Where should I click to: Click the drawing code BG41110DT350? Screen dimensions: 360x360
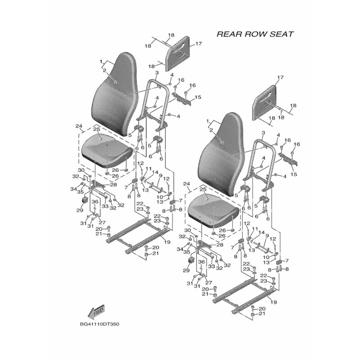[99, 324]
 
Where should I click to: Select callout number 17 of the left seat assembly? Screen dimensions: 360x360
[198, 43]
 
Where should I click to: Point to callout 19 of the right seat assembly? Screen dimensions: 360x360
[274, 302]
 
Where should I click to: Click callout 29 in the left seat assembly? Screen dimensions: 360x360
[80, 210]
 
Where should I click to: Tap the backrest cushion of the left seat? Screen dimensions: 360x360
[115, 94]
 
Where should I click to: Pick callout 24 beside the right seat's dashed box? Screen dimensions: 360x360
[187, 184]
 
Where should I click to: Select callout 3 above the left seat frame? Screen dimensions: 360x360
[157, 73]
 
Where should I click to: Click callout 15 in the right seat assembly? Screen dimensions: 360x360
[294, 174]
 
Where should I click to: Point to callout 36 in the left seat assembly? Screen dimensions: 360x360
[95, 202]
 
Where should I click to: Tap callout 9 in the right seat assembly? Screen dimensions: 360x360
[267, 236]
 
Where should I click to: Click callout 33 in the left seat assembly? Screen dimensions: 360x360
[105, 206]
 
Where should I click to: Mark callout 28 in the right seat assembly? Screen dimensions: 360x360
[220, 245]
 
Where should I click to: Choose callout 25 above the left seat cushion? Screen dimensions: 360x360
[96, 129]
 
